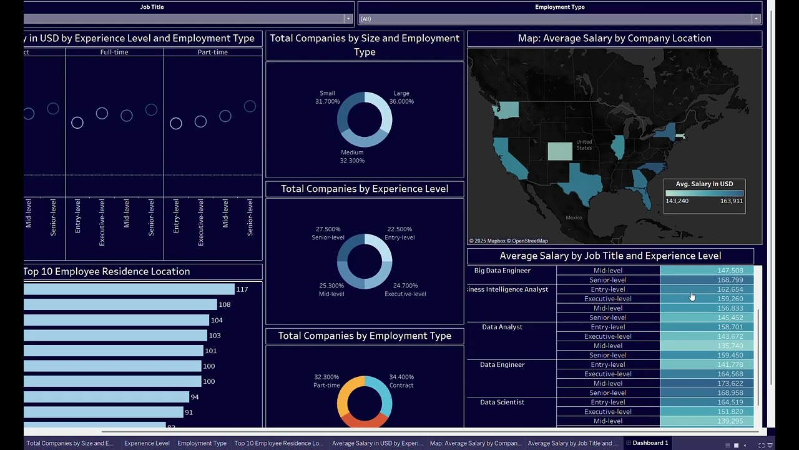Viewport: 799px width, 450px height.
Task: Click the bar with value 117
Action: tap(129, 289)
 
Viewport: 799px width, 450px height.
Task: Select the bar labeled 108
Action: tap(120, 304)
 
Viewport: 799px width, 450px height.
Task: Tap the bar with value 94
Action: tap(106, 397)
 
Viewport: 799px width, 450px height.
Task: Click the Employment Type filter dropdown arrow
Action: tap(756, 19)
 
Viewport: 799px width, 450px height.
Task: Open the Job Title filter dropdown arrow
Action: tap(348, 19)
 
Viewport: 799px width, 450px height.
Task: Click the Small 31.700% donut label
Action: tap(328, 97)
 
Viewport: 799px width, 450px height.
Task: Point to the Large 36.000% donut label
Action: tap(401, 97)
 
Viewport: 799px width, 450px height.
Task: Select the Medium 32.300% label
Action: tap(352, 156)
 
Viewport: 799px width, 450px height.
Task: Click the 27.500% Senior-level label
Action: tap(328, 233)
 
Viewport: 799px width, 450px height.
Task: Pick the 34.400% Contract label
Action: tap(401, 381)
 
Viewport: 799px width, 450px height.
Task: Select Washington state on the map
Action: tap(506, 111)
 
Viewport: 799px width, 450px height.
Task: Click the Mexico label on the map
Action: tap(574, 217)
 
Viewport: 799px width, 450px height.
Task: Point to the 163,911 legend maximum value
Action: tap(732, 201)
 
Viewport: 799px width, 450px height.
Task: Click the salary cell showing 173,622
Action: tap(707, 383)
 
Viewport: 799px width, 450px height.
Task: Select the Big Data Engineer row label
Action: tap(502, 271)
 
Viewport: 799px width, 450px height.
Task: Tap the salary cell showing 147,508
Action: tap(707, 271)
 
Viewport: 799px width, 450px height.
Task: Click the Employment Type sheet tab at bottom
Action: tap(202, 443)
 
